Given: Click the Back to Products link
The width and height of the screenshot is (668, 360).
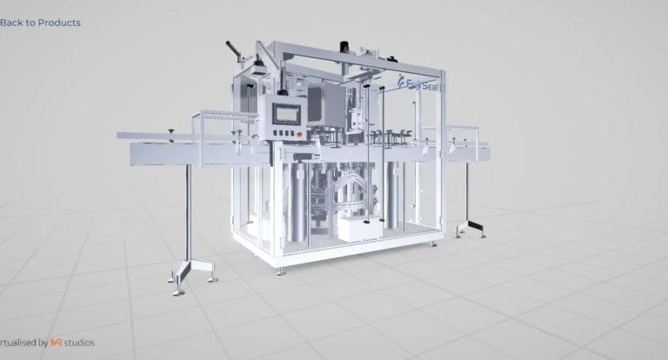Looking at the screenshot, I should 40,23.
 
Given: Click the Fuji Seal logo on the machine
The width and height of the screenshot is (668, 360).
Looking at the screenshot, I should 420,83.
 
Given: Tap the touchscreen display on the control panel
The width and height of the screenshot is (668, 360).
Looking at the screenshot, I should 285,114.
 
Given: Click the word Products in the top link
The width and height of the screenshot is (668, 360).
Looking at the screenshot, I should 60,23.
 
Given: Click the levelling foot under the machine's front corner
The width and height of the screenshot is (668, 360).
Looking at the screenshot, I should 280,270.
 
